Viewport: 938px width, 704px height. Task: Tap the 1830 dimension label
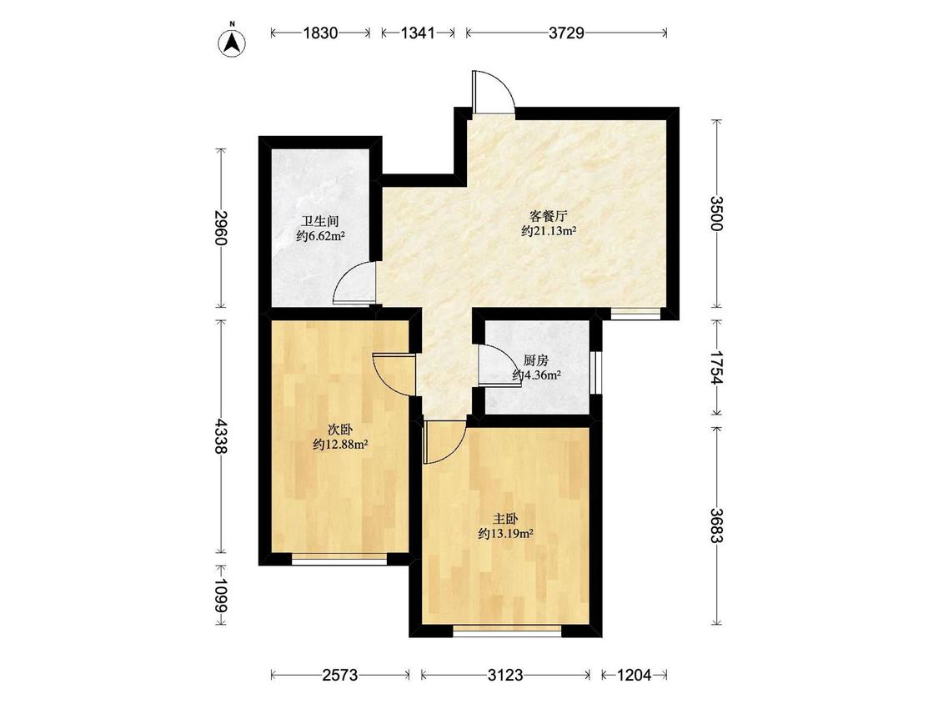point(321,33)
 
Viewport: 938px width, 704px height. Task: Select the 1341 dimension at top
point(417,33)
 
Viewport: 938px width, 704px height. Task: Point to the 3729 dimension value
point(566,33)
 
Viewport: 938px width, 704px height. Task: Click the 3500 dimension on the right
point(717,213)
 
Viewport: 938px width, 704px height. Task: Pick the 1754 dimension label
point(717,368)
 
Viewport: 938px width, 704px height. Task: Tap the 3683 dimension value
point(717,525)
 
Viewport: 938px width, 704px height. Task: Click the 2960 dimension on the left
point(221,228)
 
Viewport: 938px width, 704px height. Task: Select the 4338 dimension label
point(221,436)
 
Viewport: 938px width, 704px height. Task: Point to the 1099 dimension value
point(221,595)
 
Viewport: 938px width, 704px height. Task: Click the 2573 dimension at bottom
point(340,676)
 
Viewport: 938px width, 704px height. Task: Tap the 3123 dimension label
point(505,676)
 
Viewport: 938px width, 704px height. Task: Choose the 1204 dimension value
point(635,676)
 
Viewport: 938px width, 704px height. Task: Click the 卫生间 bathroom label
point(320,222)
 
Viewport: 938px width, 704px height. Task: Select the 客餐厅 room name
point(548,216)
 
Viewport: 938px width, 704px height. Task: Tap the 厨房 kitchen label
point(535,360)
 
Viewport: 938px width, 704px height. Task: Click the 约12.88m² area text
point(340,445)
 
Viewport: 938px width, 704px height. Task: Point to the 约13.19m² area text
point(506,534)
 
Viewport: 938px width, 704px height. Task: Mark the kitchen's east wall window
point(595,372)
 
